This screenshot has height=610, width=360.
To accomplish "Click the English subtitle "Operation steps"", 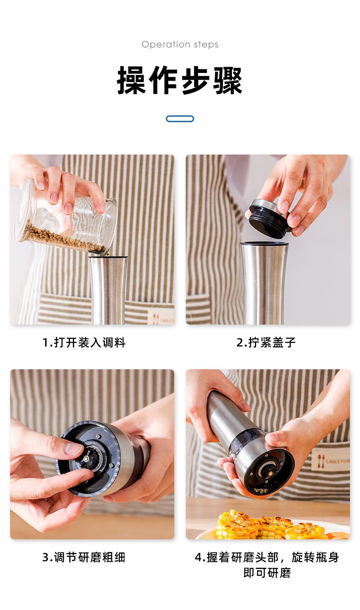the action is [180, 44].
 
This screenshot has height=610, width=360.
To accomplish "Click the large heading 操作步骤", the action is [180, 80].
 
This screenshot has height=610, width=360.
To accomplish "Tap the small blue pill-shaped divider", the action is [180, 119].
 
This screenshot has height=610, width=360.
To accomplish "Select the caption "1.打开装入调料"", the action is [84, 342].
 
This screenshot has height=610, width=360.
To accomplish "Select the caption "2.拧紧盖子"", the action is [266, 342].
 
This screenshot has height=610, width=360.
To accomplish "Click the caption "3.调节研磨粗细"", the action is [84, 557].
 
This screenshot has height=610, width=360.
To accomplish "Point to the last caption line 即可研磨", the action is [267, 573].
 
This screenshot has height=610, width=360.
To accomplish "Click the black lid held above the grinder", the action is [269, 218].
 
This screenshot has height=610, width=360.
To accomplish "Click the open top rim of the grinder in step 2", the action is [264, 244].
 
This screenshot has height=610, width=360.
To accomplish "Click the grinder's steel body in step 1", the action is [108, 290].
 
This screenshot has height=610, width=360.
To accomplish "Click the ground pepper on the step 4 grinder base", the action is [260, 491].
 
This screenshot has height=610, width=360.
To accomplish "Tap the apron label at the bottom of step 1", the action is [160, 317].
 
